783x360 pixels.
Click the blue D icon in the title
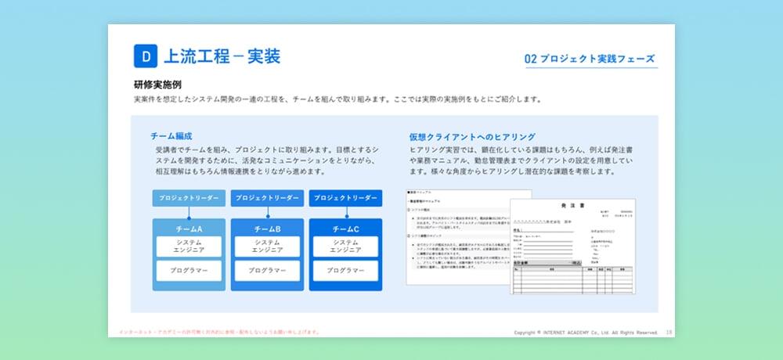(x=146, y=56)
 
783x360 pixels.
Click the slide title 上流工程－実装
(x=221, y=56)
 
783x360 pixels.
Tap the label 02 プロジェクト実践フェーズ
(x=590, y=59)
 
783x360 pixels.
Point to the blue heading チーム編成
(x=171, y=135)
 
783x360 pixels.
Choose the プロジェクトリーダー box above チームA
(x=189, y=198)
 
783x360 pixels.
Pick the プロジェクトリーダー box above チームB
(x=267, y=198)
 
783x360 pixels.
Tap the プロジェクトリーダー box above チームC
(x=345, y=198)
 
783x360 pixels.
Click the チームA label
(x=189, y=229)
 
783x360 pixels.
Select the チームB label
(x=267, y=229)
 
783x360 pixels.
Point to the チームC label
(x=345, y=229)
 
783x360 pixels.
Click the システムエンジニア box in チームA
(x=189, y=247)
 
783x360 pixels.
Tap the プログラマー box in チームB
(x=267, y=271)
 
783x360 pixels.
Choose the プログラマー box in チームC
(x=345, y=271)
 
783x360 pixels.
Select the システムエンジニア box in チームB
(x=267, y=247)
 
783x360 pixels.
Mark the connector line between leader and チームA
(x=189, y=213)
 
